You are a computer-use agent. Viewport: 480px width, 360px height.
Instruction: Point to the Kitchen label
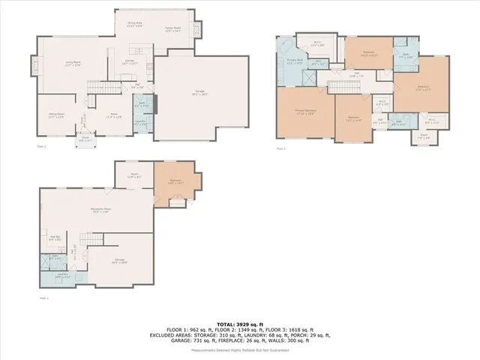(130, 62)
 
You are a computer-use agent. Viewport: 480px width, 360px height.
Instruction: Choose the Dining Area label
(135, 25)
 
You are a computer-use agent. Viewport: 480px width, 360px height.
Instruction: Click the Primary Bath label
(295, 62)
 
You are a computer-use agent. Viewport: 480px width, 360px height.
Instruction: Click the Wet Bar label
(55, 240)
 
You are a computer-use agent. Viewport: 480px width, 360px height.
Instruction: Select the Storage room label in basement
(118, 262)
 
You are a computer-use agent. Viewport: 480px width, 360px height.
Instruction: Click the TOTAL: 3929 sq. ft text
(240, 320)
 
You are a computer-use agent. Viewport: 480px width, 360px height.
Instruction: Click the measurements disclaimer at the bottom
(240, 349)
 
